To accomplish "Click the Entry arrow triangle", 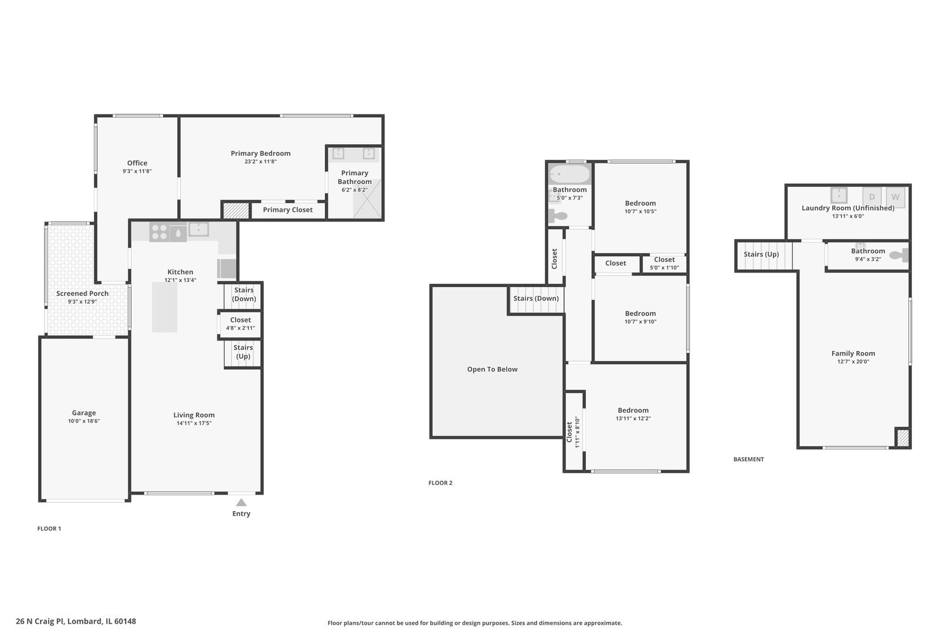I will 241,502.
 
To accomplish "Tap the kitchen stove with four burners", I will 160,232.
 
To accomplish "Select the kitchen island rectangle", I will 165,307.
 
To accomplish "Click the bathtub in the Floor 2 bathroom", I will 569,174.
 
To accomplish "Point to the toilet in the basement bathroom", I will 898,255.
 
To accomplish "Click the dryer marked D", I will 871,197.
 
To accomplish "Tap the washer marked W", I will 895,197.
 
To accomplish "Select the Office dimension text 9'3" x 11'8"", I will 137,171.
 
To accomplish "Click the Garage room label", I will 84,413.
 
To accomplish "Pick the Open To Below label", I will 492,369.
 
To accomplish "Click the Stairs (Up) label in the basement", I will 761,254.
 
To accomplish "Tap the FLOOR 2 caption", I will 440,483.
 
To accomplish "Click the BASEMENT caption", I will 748,459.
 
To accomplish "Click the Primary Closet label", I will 287,210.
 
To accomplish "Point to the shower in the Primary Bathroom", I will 367,199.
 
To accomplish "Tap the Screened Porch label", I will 82,293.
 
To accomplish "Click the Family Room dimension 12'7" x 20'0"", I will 853,362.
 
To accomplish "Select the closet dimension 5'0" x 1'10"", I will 664,268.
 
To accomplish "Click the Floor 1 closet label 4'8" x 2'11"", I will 240,328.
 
